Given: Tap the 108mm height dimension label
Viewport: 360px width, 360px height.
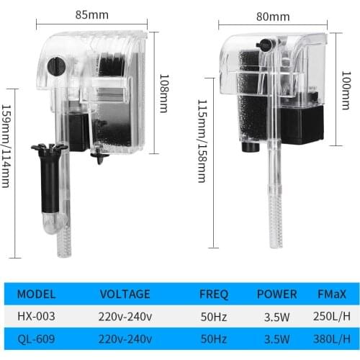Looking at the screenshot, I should tap(164, 93).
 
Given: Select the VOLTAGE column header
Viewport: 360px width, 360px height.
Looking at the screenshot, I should tap(125, 294).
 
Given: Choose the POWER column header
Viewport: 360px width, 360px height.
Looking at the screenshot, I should tap(276, 294).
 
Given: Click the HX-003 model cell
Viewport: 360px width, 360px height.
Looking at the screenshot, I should tap(36, 315).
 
